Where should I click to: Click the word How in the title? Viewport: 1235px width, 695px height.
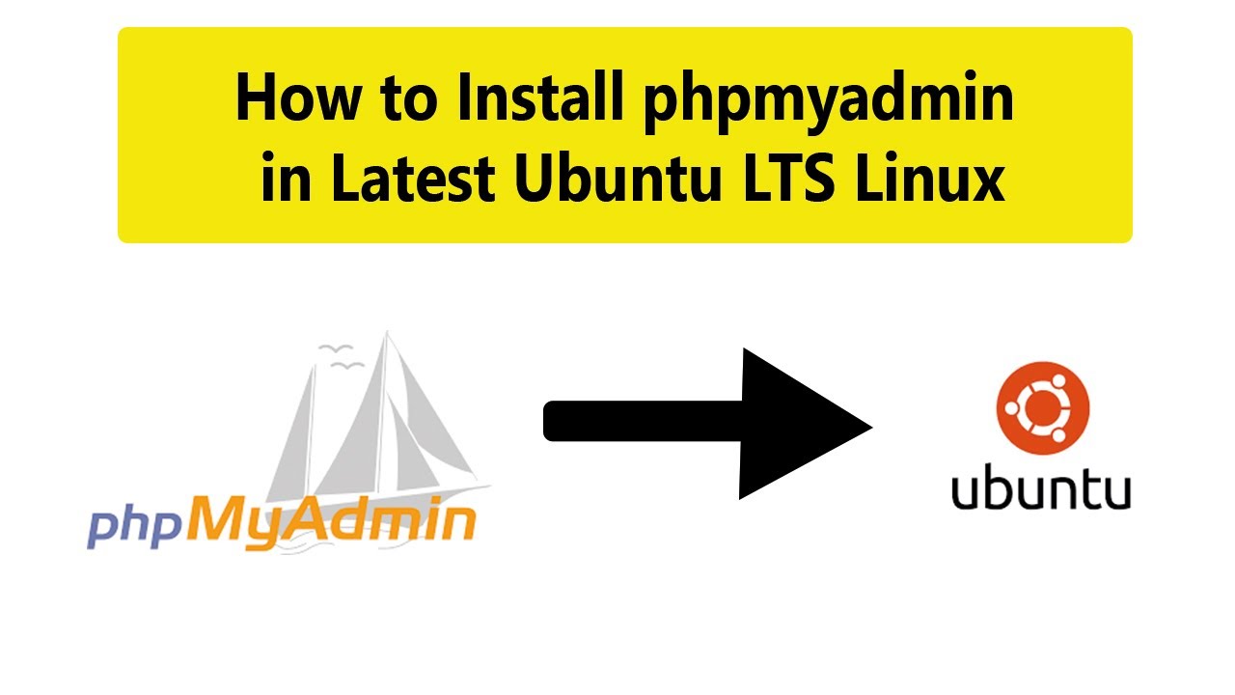click(x=299, y=97)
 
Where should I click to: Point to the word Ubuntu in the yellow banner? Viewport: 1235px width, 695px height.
click(x=618, y=177)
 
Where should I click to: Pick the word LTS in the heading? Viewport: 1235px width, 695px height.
click(x=788, y=178)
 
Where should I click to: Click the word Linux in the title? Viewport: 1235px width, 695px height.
click(x=930, y=177)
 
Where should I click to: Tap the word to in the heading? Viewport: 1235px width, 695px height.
click(x=409, y=100)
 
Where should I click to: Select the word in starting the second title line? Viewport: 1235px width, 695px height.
click(x=287, y=177)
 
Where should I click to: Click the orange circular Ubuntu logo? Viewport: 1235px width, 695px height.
click(x=1043, y=408)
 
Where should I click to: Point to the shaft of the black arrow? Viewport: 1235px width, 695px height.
click(x=643, y=421)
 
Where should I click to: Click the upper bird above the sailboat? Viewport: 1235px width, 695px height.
click(x=335, y=348)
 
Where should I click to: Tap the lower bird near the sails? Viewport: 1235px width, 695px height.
click(x=346, y=365)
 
